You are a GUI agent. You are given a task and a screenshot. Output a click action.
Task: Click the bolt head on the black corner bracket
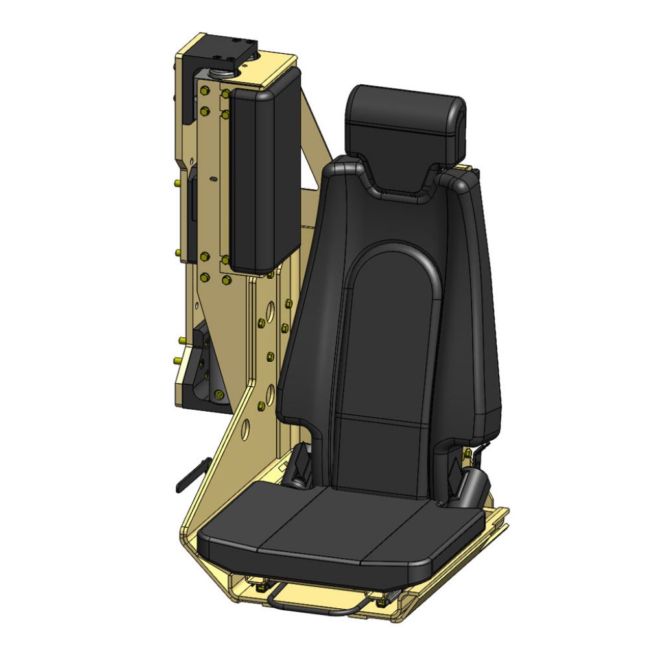[x=219, y=394]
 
